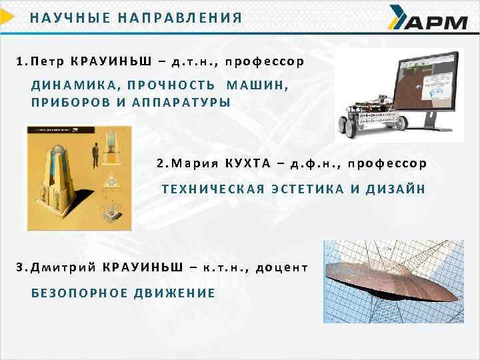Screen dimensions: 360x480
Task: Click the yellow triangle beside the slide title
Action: [x=7, y=16]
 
